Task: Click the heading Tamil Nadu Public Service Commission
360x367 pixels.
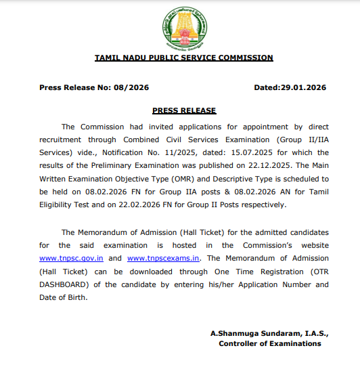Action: point(183,58)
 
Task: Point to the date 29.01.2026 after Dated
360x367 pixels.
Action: point(303,88)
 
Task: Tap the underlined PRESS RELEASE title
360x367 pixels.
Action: point(184,110)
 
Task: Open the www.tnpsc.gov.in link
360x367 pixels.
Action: point(72,258)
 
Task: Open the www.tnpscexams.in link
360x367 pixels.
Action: point(163,258)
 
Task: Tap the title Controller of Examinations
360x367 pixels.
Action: point(270,343)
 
